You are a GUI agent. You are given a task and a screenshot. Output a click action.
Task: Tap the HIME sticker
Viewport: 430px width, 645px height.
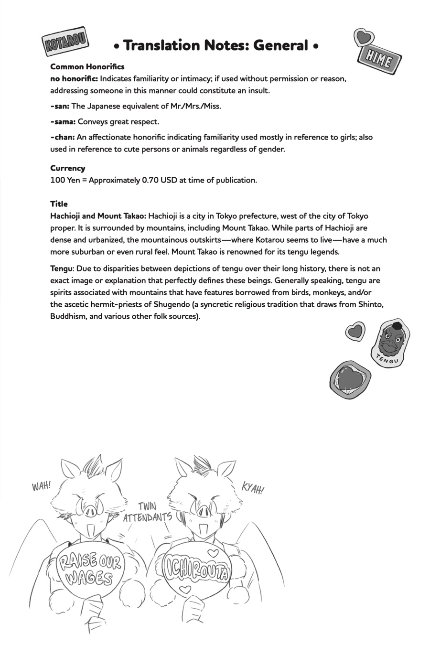pos(379,60)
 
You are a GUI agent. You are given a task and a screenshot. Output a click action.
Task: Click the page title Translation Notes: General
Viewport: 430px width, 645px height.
pos(216,46)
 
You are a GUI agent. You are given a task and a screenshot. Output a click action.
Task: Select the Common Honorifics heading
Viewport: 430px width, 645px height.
pos(87,67)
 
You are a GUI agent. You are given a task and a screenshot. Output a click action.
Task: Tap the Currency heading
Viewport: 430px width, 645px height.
pos(68,168)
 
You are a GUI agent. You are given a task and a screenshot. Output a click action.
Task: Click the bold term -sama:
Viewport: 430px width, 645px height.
pos(63,122)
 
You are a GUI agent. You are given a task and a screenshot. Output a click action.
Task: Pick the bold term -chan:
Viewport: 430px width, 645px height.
pos(62,137)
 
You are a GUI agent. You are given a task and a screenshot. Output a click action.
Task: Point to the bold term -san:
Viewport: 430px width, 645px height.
pos(60,106)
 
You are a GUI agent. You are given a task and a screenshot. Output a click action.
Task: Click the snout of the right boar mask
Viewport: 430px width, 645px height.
pos(204,512)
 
